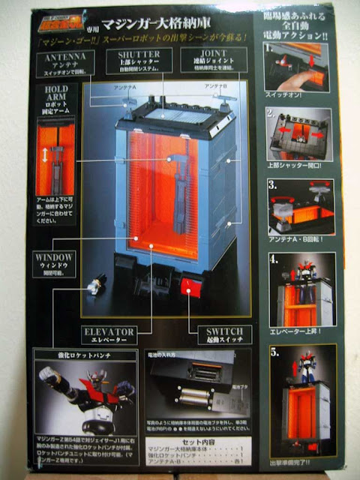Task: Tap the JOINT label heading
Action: (x=205, y=55)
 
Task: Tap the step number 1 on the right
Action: (x=268, y=47)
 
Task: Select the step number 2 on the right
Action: (x=268, y=113)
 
